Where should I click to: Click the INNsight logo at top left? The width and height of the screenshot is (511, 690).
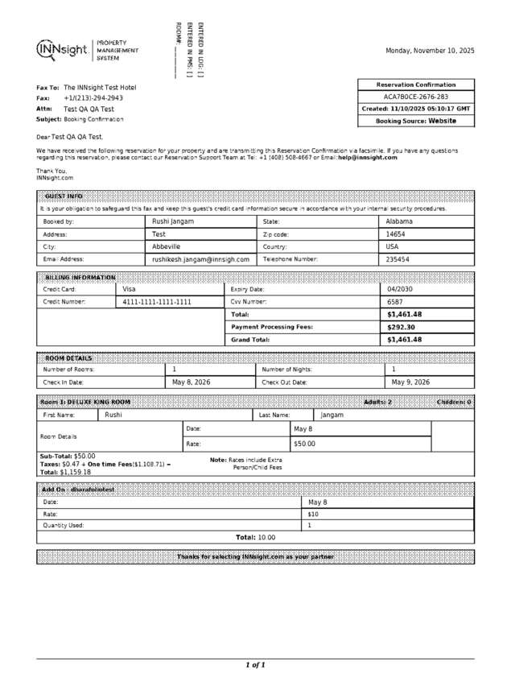coord(62,50)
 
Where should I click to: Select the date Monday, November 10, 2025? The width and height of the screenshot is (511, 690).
coord(430,51)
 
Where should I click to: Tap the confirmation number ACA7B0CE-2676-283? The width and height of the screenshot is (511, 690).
coord(415,97)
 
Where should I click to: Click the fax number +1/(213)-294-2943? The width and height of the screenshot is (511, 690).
coord(93,97)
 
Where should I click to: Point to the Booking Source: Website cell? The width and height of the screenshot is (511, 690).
coord(415,121)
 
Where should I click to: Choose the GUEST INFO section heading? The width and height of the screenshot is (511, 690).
coord(64,196)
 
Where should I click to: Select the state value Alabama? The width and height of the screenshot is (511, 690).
coord(399,221)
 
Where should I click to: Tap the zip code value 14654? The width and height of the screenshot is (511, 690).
coord(397,234)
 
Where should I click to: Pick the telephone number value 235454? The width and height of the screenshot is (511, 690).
coord(398,260)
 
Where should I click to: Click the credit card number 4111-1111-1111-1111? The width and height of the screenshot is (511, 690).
coord(157,302)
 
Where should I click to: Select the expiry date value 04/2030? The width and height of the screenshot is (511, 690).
coord(400,289)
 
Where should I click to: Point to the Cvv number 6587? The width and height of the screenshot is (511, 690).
coord(394,302)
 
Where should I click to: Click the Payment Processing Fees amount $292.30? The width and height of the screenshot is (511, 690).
coord(401,328)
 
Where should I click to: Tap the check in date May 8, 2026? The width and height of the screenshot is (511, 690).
coord(192,382)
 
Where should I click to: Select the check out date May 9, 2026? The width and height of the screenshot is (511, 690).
coord(410,382)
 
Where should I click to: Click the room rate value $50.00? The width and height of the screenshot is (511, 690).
coord(304,444)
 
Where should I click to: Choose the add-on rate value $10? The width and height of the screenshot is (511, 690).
coord(313,514)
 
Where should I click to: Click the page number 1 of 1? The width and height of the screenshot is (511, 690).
coord(255,665)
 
